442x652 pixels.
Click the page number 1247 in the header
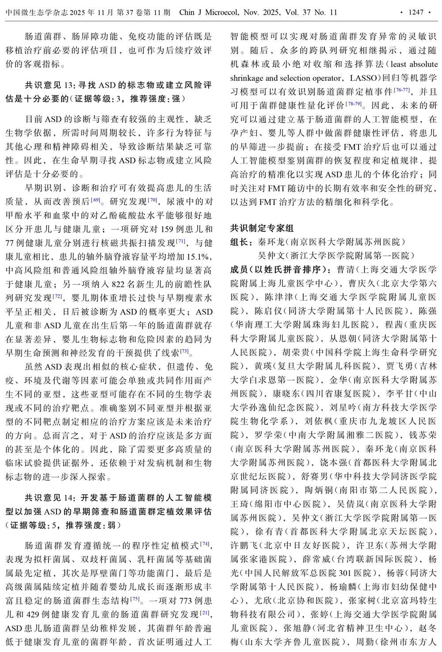[x=416, y=12]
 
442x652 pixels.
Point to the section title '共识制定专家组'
[x=262, y=228]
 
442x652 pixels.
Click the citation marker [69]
[x=95, y=200]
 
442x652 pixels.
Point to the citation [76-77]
[x=402, y=90]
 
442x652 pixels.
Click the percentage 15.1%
[x=199, y=256]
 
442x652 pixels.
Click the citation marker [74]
[x=205, y=544]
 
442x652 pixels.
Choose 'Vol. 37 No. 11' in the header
[x=311, y=12]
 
